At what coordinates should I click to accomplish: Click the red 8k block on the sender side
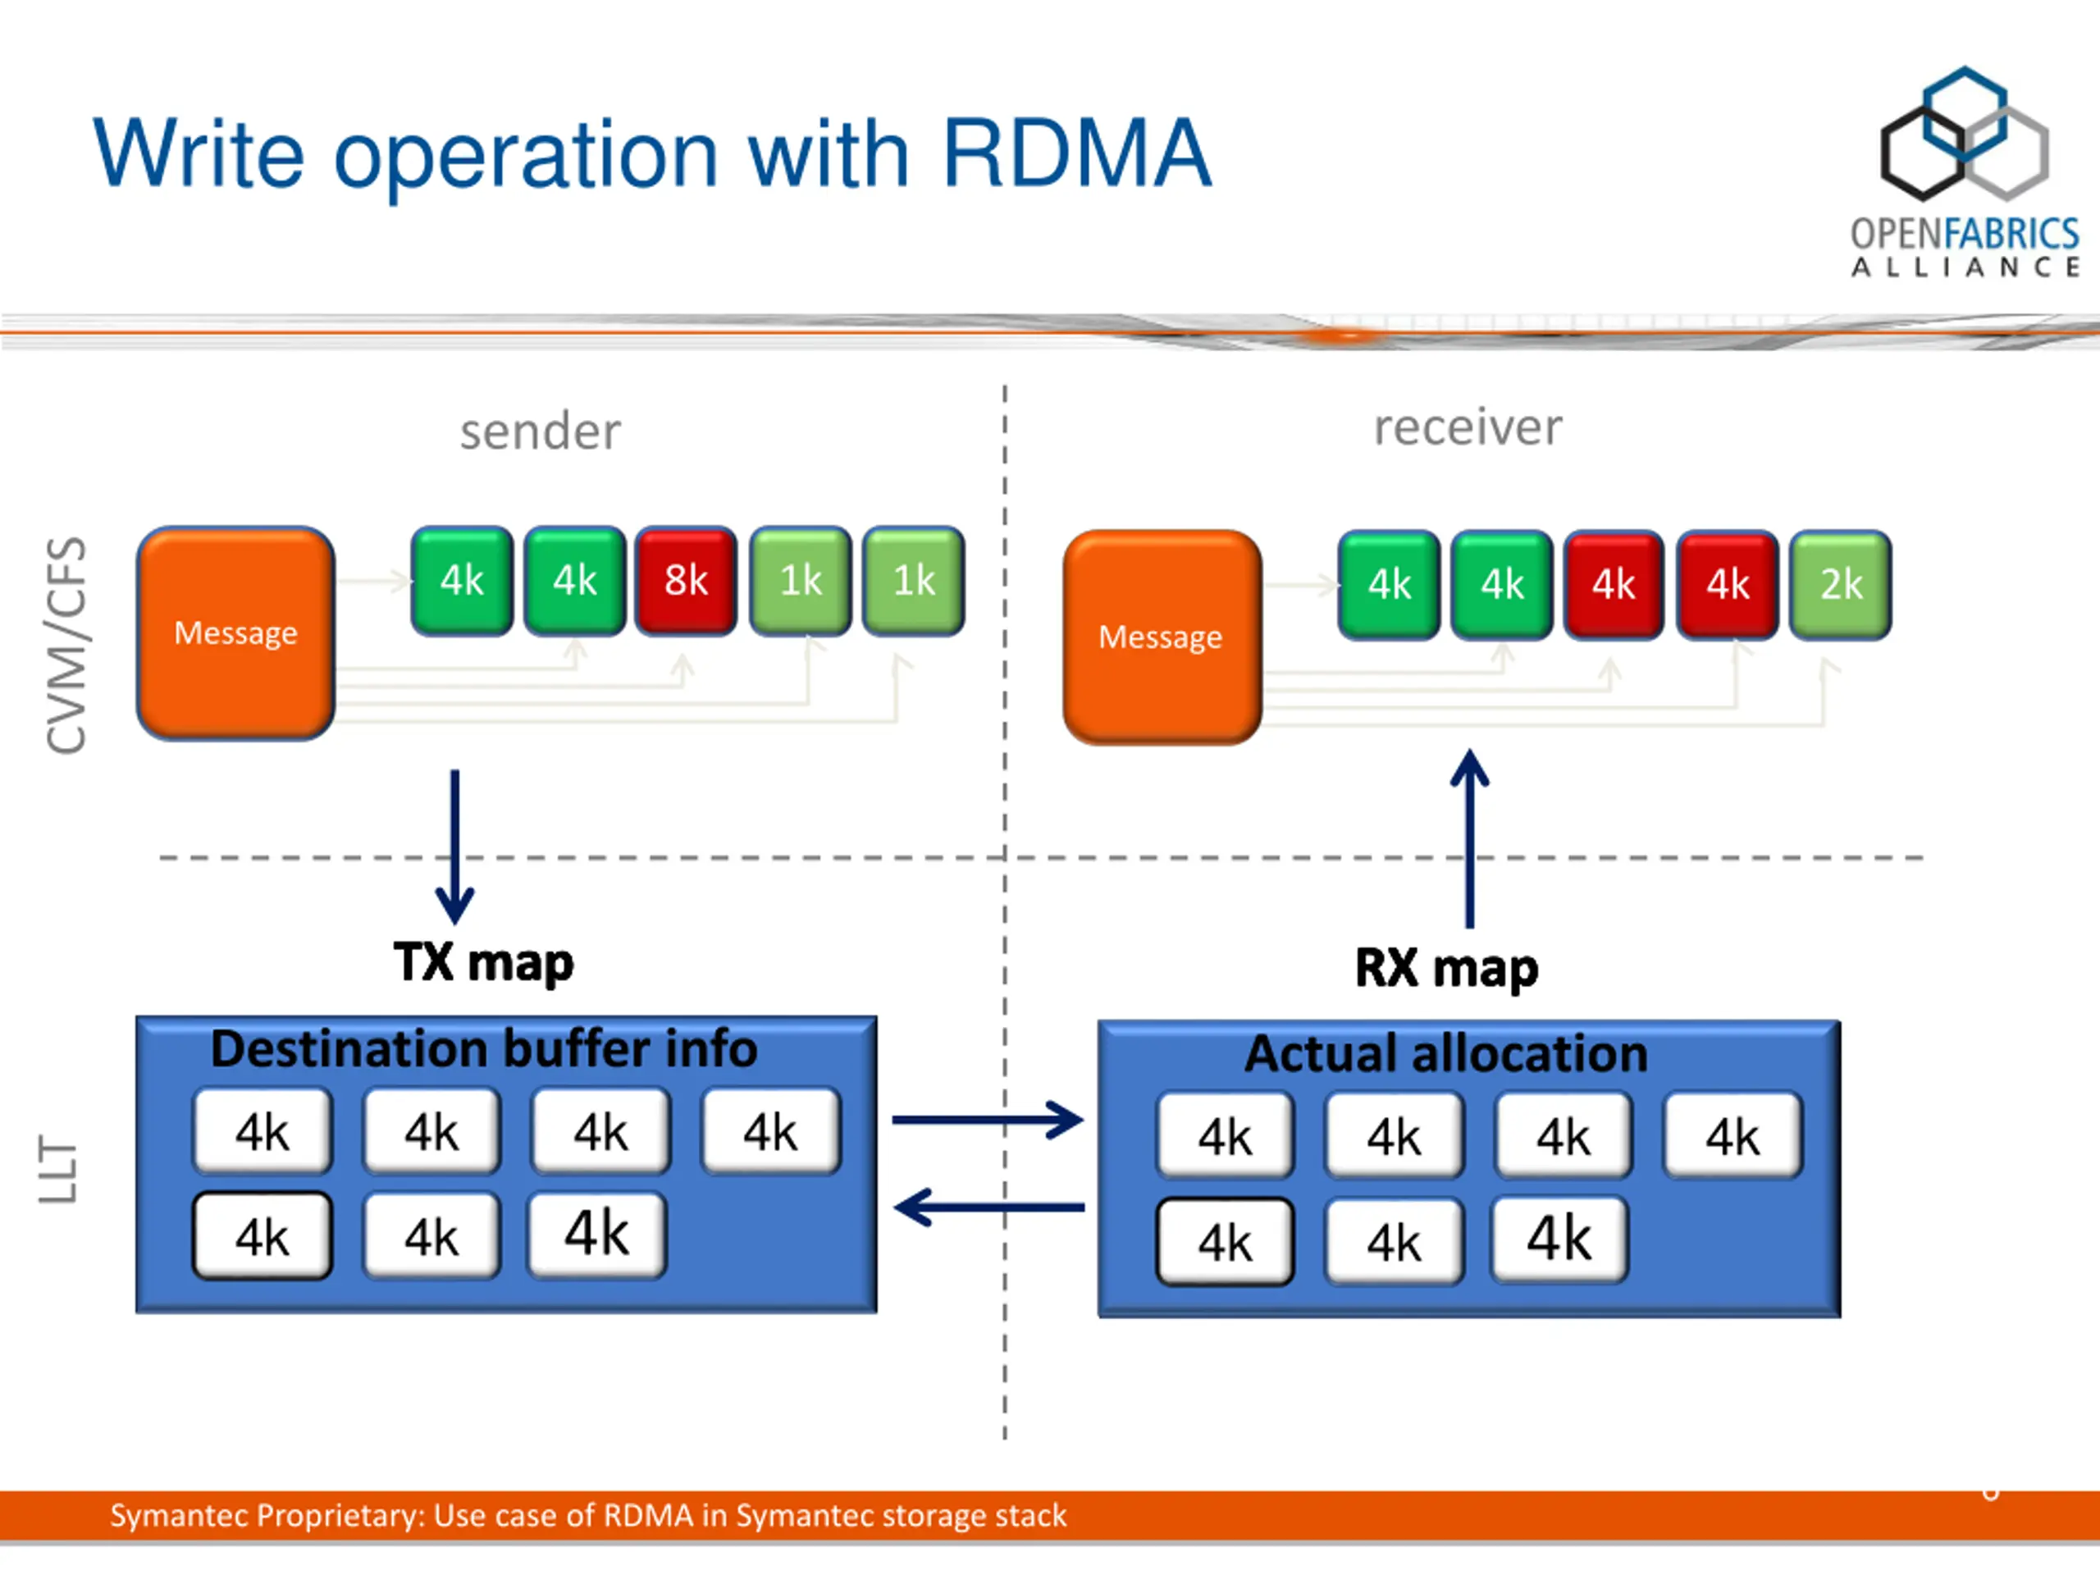point(686,580)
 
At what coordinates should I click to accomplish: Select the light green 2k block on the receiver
point(1840,584)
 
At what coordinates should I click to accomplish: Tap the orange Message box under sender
point(235,633)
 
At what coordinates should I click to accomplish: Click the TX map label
point(484,961)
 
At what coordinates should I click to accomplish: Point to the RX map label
point(1446,967)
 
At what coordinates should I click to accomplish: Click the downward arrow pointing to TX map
point(454,846)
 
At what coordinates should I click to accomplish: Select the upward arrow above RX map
point(1470,838)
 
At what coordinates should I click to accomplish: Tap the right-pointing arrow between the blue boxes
point(988,1121)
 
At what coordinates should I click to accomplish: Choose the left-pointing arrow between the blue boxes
point(989,1207)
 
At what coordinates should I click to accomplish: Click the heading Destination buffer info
point(484,1048)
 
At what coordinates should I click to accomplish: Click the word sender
point(541,432)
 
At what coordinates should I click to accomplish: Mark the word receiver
point(1468,427)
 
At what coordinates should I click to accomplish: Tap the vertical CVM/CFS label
point(66,646)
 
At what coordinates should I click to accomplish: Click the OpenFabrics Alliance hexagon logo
point(1965,133)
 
